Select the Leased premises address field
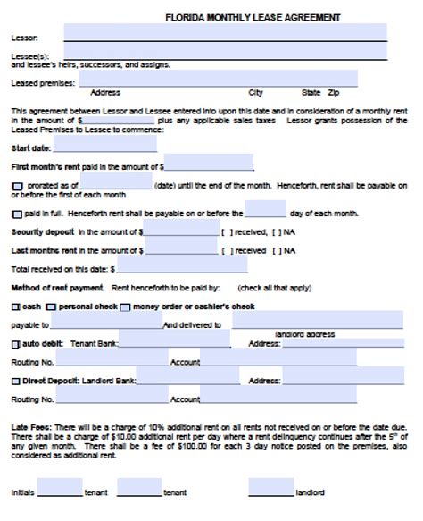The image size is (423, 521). pos(218,80)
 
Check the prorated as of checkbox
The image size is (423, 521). pos(17,186)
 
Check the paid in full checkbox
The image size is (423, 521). pos(17,214)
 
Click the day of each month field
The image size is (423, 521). pos(265,212)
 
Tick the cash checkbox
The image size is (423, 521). pos(15,307)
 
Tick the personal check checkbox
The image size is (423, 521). pos(52,307)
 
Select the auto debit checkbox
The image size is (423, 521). pos(15,344)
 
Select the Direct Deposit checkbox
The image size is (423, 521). pos(15,381)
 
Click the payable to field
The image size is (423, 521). pos(106,324)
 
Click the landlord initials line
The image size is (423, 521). pos(270,490)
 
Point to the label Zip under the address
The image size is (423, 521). pos(334,93)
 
